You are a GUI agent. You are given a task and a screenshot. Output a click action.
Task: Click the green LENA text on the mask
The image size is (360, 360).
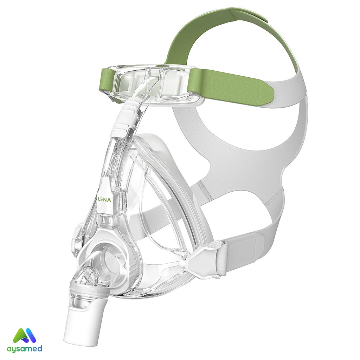104,200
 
